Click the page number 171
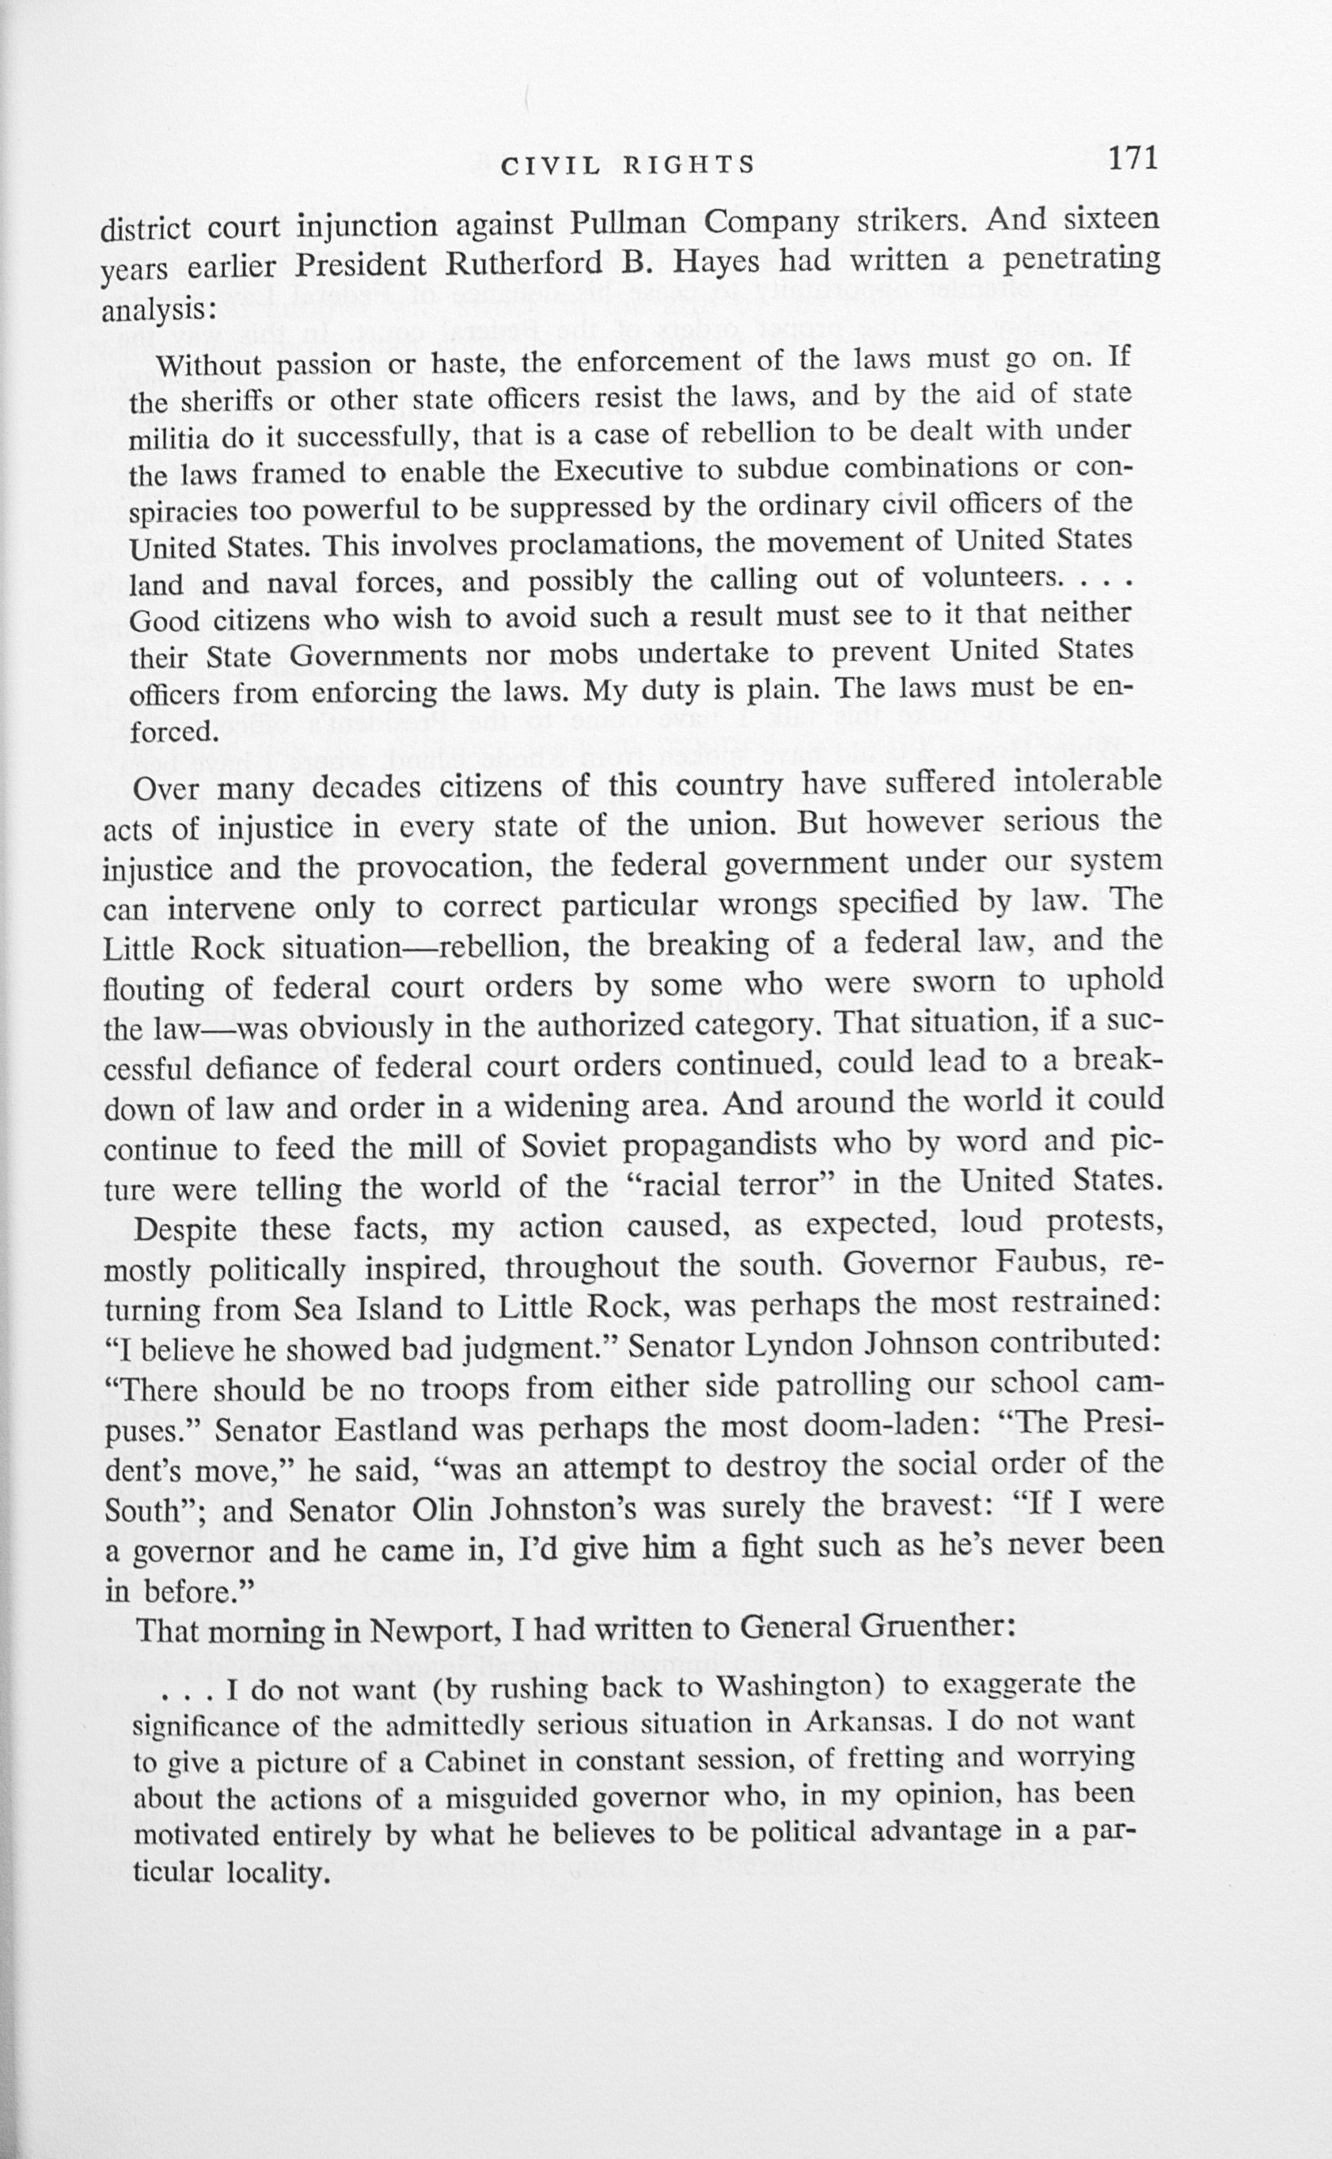[1132, 158]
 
